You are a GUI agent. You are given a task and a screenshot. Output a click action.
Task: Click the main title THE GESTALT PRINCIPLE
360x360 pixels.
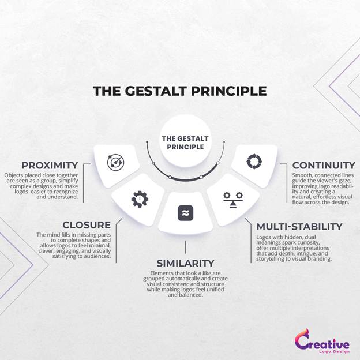pyautogui.click(x=180, y=91)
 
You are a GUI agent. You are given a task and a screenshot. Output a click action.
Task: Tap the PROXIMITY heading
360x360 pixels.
pyautogui.click(x=50, y=166)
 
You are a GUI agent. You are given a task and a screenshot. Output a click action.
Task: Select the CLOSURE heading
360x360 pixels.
pyautogui.click(x=87, y=225)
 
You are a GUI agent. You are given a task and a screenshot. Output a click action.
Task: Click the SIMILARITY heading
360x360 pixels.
pyautogui.click(x=185, y=263)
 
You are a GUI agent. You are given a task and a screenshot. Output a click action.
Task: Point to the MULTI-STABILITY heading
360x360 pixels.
pyautogui.click(x=299, y=227)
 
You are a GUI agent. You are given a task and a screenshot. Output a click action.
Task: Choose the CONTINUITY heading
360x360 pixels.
pyautogui.click(x=324, y=166)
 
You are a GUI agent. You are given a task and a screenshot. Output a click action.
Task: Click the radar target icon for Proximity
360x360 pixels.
pyautogui.click(x=116, y=162)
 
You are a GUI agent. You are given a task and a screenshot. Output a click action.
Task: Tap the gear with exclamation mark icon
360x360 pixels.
pyautogui.click(x=140, y=199)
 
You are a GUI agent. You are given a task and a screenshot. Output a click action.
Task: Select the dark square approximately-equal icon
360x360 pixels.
pyautogui.click(x=186, y=213)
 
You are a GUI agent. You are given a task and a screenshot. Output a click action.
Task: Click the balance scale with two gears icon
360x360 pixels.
pyautogui.click(x=233, y=200)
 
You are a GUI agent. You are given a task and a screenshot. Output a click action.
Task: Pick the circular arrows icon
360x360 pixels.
pyautogui.click(x=254, y=162)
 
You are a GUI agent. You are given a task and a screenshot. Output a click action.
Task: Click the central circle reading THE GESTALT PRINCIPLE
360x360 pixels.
pyautogui.click(x=186, y=141)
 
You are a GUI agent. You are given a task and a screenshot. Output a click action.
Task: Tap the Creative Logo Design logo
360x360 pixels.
pyautogui.click(x=322, y=342)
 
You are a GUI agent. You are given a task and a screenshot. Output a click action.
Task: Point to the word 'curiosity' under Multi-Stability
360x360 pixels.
pyautogui.click(x=308, y=243)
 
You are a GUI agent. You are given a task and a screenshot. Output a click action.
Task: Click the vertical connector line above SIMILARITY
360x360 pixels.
pyautogui.click(x=186, y=247)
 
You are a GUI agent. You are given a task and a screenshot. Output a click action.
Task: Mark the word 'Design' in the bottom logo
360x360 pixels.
pyautogui.click(x=343, y=352)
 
